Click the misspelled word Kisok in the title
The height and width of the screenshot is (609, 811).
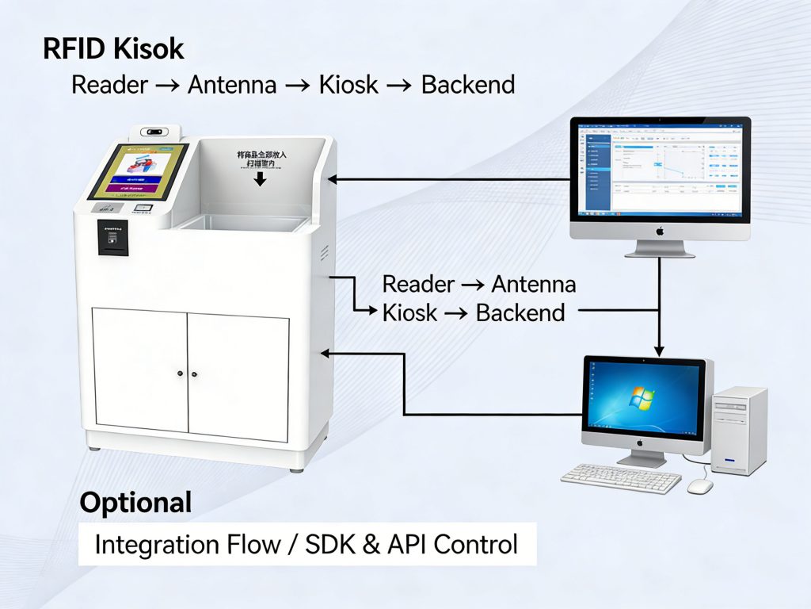click(x=149, y=49)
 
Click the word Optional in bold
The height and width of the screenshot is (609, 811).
click(x=135, y=502)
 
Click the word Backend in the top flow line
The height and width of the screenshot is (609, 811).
click(x=467, y=84)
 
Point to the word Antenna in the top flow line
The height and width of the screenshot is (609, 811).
click(x=232, y=84)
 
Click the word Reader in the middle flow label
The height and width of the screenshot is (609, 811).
click(x=418, y=284)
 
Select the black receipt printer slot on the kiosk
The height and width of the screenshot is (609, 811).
click(x=112, y=237)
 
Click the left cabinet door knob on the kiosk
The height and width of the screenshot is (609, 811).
click(x=181, y=373)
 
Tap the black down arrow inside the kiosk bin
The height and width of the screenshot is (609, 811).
click(x=260, y=179)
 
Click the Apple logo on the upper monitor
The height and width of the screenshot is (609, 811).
click(x=659, y=231)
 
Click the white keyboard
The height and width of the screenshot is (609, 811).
click(x=620, y=477)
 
